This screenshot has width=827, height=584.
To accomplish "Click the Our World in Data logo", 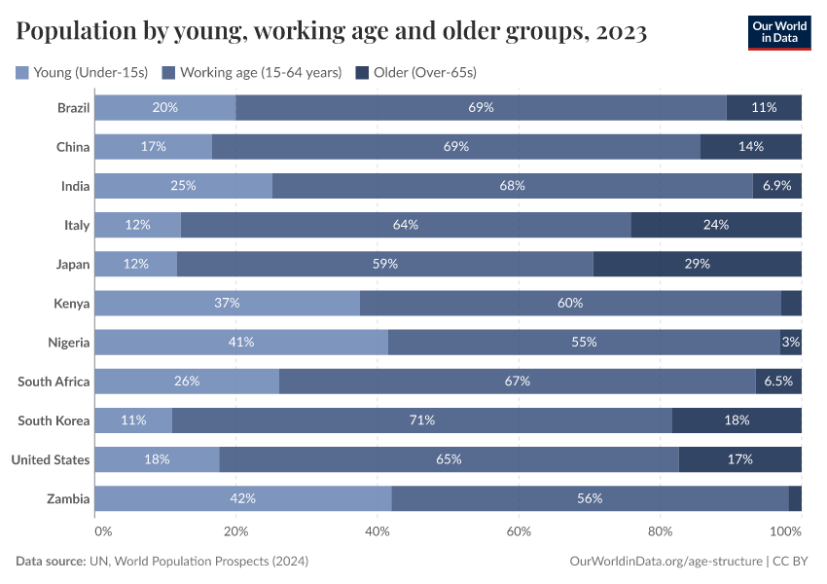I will [779, 32].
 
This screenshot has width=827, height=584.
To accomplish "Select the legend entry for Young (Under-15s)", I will [82, 72].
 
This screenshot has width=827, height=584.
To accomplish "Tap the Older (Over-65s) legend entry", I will [416, 72].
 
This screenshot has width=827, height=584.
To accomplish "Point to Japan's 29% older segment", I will [697, 264].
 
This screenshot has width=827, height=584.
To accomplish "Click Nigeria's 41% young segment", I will [241, 342].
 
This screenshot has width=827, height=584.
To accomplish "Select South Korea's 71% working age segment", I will [421, 420].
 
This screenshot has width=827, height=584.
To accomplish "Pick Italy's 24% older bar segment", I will [716, 225].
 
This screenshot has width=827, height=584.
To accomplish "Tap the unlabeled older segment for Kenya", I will [791, 303].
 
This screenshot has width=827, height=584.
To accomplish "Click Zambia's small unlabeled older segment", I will [795, 498].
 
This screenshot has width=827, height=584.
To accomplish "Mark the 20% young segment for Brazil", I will [164, 107].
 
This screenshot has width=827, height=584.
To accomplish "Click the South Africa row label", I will [54, 382].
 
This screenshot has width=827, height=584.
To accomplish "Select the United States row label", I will [51, 459].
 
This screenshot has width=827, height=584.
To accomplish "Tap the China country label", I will [73, 147].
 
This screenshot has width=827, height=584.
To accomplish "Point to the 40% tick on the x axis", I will [378, 531].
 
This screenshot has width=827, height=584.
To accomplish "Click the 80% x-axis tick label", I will [661, 531].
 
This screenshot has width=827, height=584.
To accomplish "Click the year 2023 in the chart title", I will [623, 32].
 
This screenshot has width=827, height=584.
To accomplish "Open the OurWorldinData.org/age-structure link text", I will [665, 562].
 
